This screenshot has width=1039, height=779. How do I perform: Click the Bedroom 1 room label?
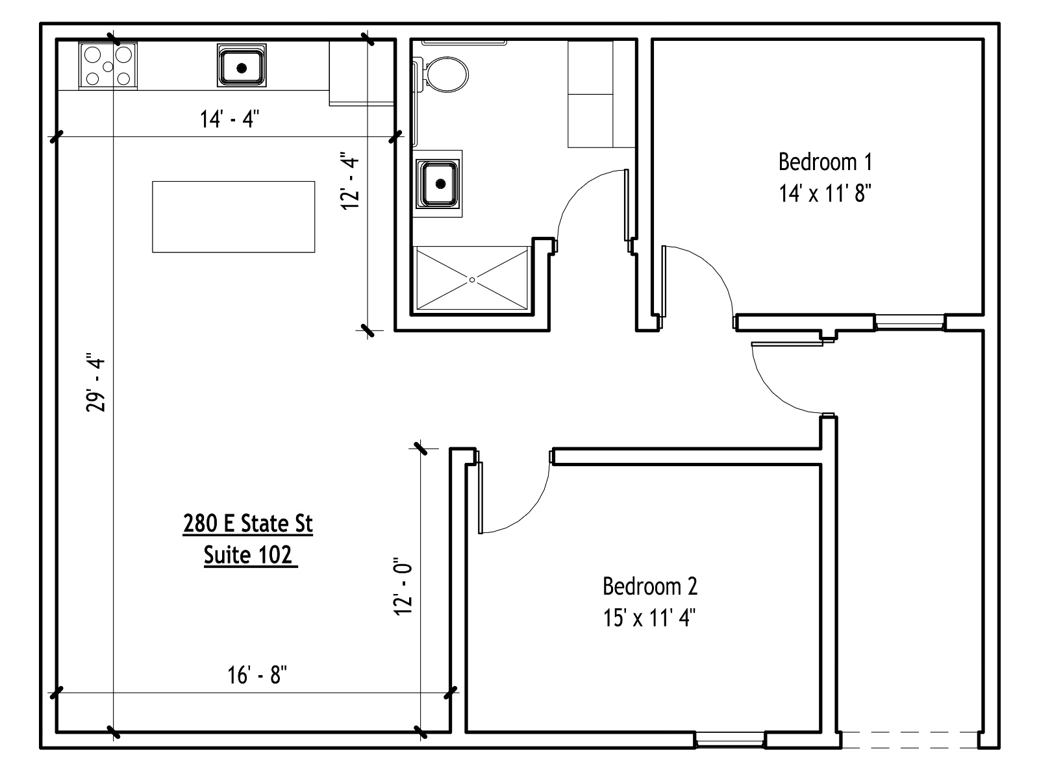pos(825,162)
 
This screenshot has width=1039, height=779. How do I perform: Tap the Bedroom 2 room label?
pos(650,586)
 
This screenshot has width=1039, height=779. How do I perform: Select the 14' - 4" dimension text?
pos(230,119)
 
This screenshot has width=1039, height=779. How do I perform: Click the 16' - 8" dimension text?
pos(257,675)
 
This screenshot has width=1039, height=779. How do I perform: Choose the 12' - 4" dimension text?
pos(350,180)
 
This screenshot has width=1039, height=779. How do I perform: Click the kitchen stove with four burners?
pos(108,66)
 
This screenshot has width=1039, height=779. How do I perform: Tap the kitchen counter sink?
pos(242,66)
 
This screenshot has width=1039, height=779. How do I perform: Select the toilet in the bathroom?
pos(442,74)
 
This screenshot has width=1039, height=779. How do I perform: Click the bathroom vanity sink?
pos(438,184)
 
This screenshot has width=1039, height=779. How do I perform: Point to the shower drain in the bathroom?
pos(472,280)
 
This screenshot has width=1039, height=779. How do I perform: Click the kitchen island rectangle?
pos(233,217)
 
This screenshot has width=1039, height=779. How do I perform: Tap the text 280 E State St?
pos(247,524)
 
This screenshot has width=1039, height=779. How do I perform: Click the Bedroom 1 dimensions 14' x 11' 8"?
pos(825,193)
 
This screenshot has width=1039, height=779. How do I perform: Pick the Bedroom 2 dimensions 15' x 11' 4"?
pos(649,618)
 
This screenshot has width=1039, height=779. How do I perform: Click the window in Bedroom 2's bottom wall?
pos(730,740)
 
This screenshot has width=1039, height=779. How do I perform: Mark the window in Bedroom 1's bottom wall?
pos(909,323)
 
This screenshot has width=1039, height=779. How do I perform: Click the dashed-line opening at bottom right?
pos(909,740)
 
